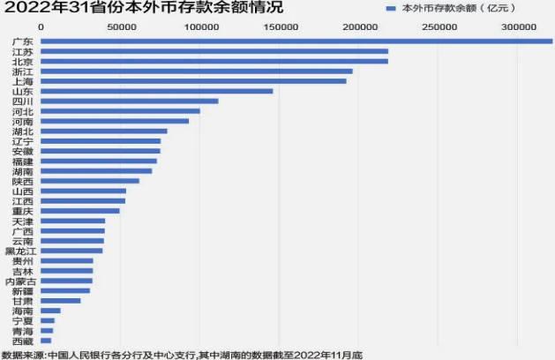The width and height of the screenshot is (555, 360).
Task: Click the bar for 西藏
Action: [46, 340]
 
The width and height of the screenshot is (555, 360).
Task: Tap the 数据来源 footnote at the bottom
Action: [182, 354]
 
